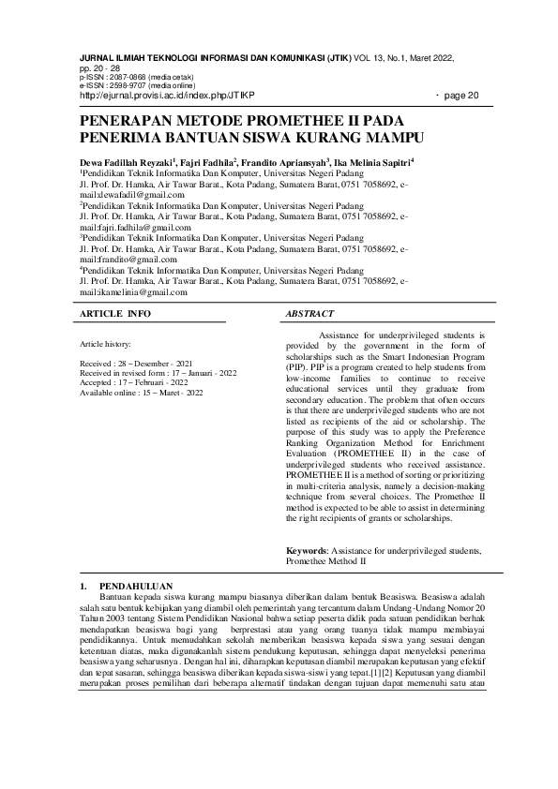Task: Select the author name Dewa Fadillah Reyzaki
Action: (x=124, y=162)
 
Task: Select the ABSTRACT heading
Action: (x=309, y=313)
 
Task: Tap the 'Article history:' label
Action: (x=106, y=344)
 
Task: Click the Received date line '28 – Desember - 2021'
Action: (x=136, y=362)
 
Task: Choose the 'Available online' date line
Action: (x=142, y=393)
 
